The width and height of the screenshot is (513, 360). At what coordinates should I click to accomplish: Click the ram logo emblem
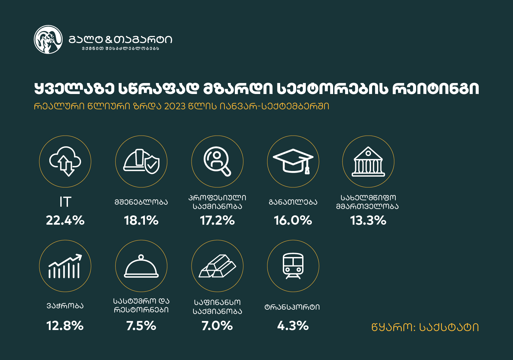[48, 39]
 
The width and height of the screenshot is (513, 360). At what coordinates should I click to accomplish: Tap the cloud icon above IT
[65, 161]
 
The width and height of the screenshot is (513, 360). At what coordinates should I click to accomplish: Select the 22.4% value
[65, 220]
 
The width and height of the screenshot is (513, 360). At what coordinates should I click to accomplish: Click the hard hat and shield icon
[141, 161]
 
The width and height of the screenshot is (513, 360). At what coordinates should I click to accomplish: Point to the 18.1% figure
[141, 220]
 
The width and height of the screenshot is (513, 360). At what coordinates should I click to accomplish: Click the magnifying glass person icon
[217, 161]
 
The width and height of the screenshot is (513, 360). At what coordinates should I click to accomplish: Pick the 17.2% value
[217, 220]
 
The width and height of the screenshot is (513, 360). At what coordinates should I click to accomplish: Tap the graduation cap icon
[293, 161]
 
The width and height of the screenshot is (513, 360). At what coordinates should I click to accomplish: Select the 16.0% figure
[293, 220]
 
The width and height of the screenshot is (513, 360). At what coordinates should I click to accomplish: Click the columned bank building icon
[368, 161]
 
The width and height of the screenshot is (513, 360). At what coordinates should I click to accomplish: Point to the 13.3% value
[368, 220]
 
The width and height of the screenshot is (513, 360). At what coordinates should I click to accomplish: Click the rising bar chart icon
[65, 266]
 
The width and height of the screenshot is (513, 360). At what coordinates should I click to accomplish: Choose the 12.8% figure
[65, 326]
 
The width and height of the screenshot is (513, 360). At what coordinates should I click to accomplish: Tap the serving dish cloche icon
[141, 266]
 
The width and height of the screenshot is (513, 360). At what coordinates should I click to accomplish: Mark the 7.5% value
[141, 326]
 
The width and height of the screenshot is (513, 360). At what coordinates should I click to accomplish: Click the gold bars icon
[217, 266]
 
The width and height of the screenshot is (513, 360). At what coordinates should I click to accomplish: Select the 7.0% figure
[217, 326]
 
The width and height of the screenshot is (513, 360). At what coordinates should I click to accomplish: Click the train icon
[293, 266]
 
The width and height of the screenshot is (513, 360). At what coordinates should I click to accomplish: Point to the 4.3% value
[293, 326]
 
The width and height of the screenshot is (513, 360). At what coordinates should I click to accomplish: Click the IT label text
[65, 202]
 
